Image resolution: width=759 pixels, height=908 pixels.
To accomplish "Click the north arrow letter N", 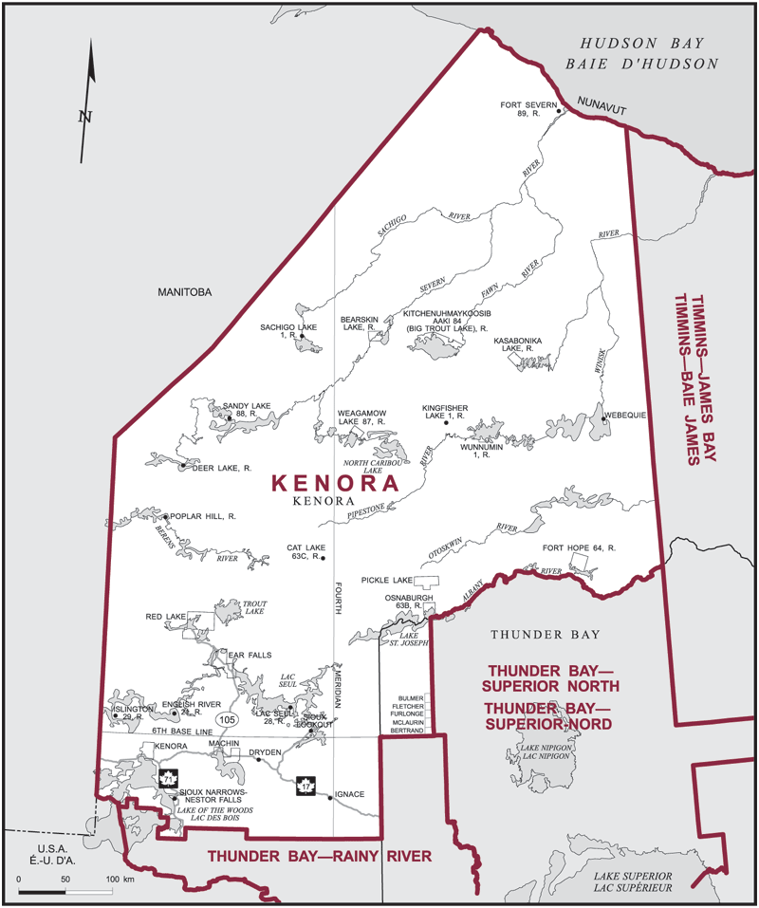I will pyautogui.click(x=84, y=117).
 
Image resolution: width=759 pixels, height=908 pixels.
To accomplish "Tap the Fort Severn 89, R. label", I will pyautogui.click(x=527, y=108).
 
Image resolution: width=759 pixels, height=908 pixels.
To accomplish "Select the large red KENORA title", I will pyautogui.click(x=334, y=482).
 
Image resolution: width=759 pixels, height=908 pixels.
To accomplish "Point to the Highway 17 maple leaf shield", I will pyautogui.click(x=305, y=786).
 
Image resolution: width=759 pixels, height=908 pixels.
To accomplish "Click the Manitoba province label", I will pyautogui.click(x=183, y=293).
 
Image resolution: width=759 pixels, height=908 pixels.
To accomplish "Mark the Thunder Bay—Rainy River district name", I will pyautogui.click(x=320, y=856).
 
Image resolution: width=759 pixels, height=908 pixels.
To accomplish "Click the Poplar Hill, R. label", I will pyautogui.click(x=202, y=517).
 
